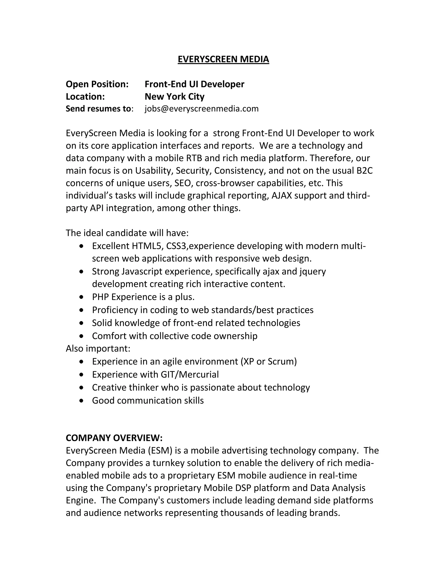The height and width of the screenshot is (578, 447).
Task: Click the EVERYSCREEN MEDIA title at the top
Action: tap(223, 59)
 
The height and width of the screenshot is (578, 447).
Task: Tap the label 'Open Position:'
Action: tap(97, 84)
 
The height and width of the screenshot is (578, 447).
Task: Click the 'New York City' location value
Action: tap(175, 97)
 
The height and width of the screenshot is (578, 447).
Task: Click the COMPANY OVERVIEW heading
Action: tap(114, 438)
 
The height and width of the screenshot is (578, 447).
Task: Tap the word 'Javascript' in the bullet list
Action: tap(142, 271)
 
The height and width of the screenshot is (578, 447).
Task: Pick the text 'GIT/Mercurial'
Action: tap(190, 375)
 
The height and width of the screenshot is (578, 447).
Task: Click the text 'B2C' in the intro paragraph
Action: tap(365, 171)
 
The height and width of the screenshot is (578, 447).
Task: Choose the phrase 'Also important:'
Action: tap(98, 349)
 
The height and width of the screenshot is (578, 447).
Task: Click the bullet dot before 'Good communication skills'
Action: tap(81, 401)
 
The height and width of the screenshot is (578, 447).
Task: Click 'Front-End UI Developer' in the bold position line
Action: tap(194, 84)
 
